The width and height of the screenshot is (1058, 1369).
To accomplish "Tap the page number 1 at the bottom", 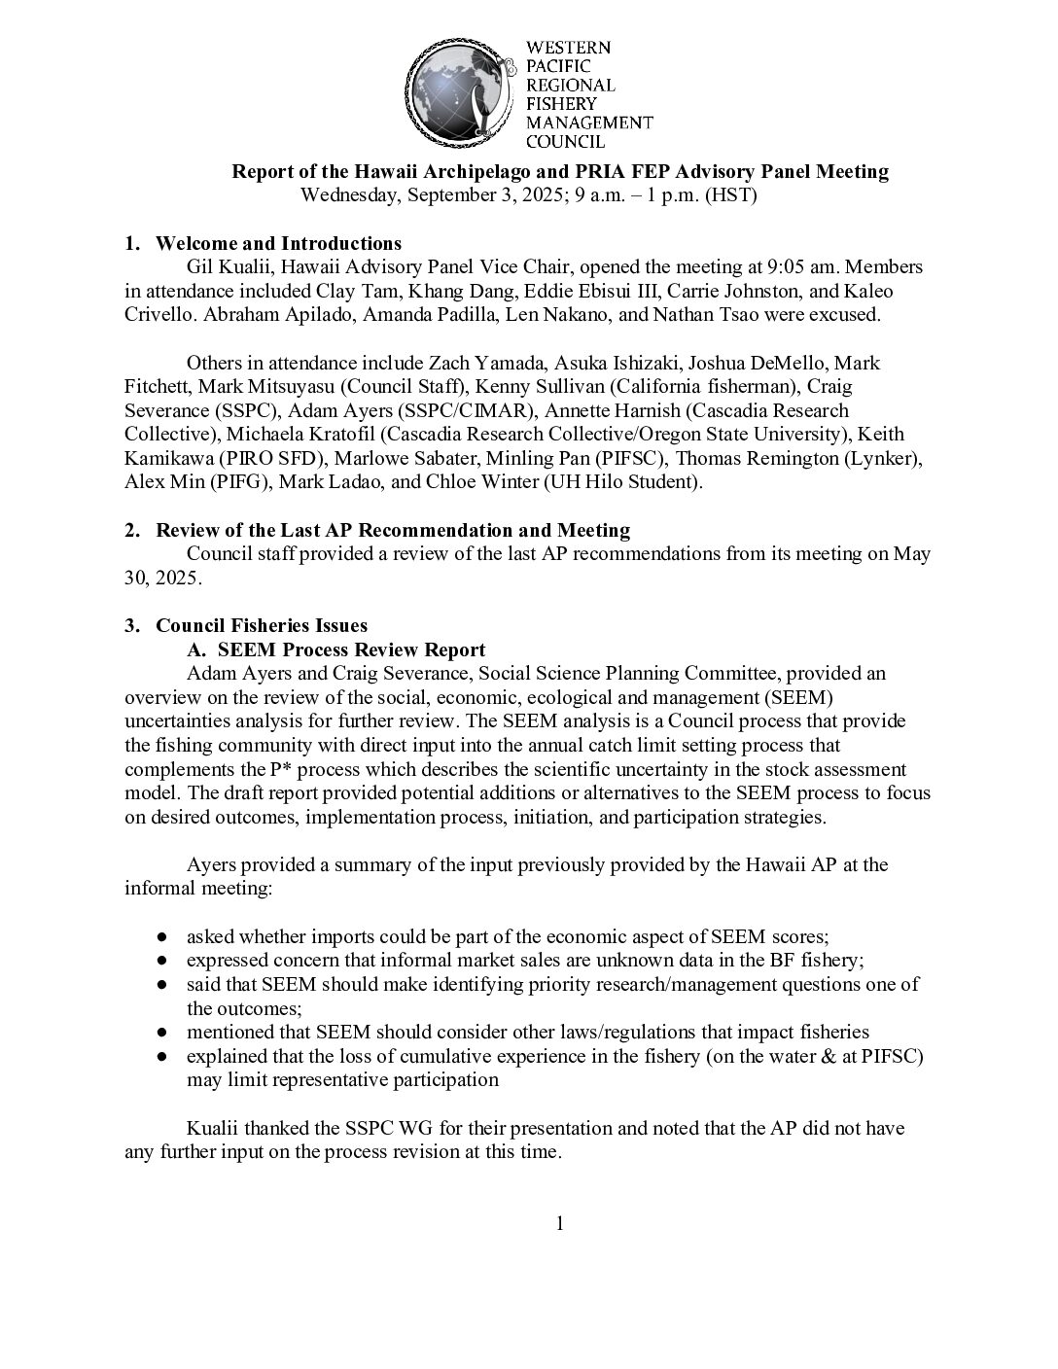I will (x=559, y=1223).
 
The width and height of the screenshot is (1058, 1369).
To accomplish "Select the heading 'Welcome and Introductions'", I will (x=278, y=243).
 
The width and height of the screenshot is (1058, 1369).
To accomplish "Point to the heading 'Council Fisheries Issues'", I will (x=262, y=625).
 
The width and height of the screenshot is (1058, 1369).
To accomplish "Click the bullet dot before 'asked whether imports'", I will (x=163, y=937).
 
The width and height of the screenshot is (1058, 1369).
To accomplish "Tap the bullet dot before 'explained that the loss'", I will (x=163, y=1057).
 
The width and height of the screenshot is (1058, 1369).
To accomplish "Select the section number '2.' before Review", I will (x=133, y=530).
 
